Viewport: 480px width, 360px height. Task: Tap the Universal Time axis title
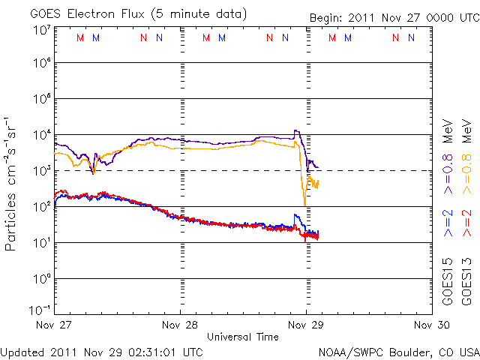point(243,337)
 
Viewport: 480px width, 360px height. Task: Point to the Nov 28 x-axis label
point(179,325)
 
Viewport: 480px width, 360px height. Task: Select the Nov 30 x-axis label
point(431,325)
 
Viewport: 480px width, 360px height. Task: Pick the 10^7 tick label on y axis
point(41,30)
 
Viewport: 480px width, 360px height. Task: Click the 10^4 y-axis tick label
point(41,135)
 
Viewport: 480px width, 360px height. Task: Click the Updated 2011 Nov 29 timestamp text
point(101,351)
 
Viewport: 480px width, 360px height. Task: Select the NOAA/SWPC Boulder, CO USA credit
point(398,351)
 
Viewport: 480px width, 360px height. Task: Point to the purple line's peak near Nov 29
point(295,131)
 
